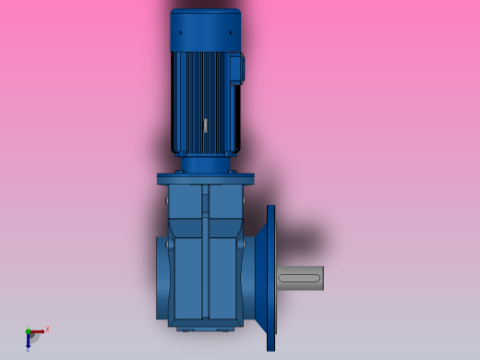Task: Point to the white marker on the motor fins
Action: click(204, 123)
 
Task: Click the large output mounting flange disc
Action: click(271, 277)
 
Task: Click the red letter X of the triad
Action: click(47, 329)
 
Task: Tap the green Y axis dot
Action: click(28, 331)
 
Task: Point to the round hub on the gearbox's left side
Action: click(163, 277)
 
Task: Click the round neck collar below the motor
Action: click(205, 165)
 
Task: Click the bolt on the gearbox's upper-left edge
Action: click(168, 197)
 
